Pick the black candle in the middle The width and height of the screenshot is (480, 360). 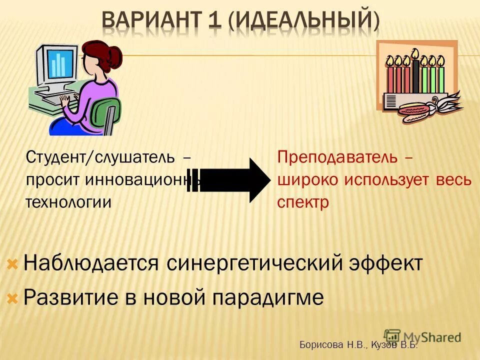[415, 75]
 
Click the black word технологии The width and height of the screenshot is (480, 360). [68, 202]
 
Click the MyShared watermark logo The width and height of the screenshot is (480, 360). [422, 336]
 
